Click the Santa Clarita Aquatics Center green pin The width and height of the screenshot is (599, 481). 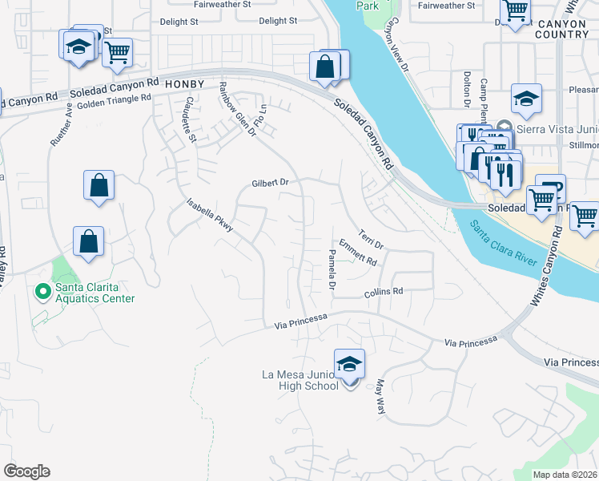pos(42,293)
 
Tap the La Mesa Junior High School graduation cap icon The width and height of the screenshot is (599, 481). pos(350,365)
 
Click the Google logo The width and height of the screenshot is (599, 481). pos(26,471)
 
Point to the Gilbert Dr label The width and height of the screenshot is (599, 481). pos(269,183)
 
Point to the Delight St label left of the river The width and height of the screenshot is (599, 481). pos(278,21)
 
